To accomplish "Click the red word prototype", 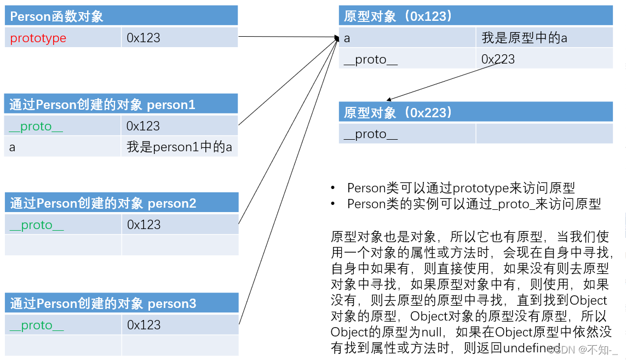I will (x=38, y=38).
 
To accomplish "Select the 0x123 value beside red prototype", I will (x=143, y=38).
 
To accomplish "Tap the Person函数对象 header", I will (x=56, y=16).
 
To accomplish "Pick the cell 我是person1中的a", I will (x=179, y=147).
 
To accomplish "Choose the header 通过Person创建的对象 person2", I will (x=103, y=203).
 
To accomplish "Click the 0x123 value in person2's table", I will (x=143, y=225).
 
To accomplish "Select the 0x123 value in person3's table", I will (x=143, y=325).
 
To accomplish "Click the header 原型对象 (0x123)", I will (x=398, y=16).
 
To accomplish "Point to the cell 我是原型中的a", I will (x=524, y=38).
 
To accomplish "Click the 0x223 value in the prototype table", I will (x=498, y=59).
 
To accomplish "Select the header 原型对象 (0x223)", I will (x=398, y=113).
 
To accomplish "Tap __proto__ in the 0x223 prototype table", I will (x=370, y=134).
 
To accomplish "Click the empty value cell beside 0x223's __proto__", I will (x=544, y=134).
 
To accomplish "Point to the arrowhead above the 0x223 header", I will (x=388, y=100).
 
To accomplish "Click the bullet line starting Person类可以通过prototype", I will (x=461, y=188).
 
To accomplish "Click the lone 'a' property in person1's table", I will (x=12, y=147).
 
